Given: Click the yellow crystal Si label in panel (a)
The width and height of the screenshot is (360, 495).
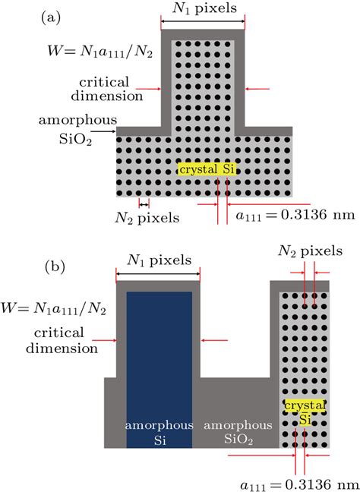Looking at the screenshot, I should click(207, 170).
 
